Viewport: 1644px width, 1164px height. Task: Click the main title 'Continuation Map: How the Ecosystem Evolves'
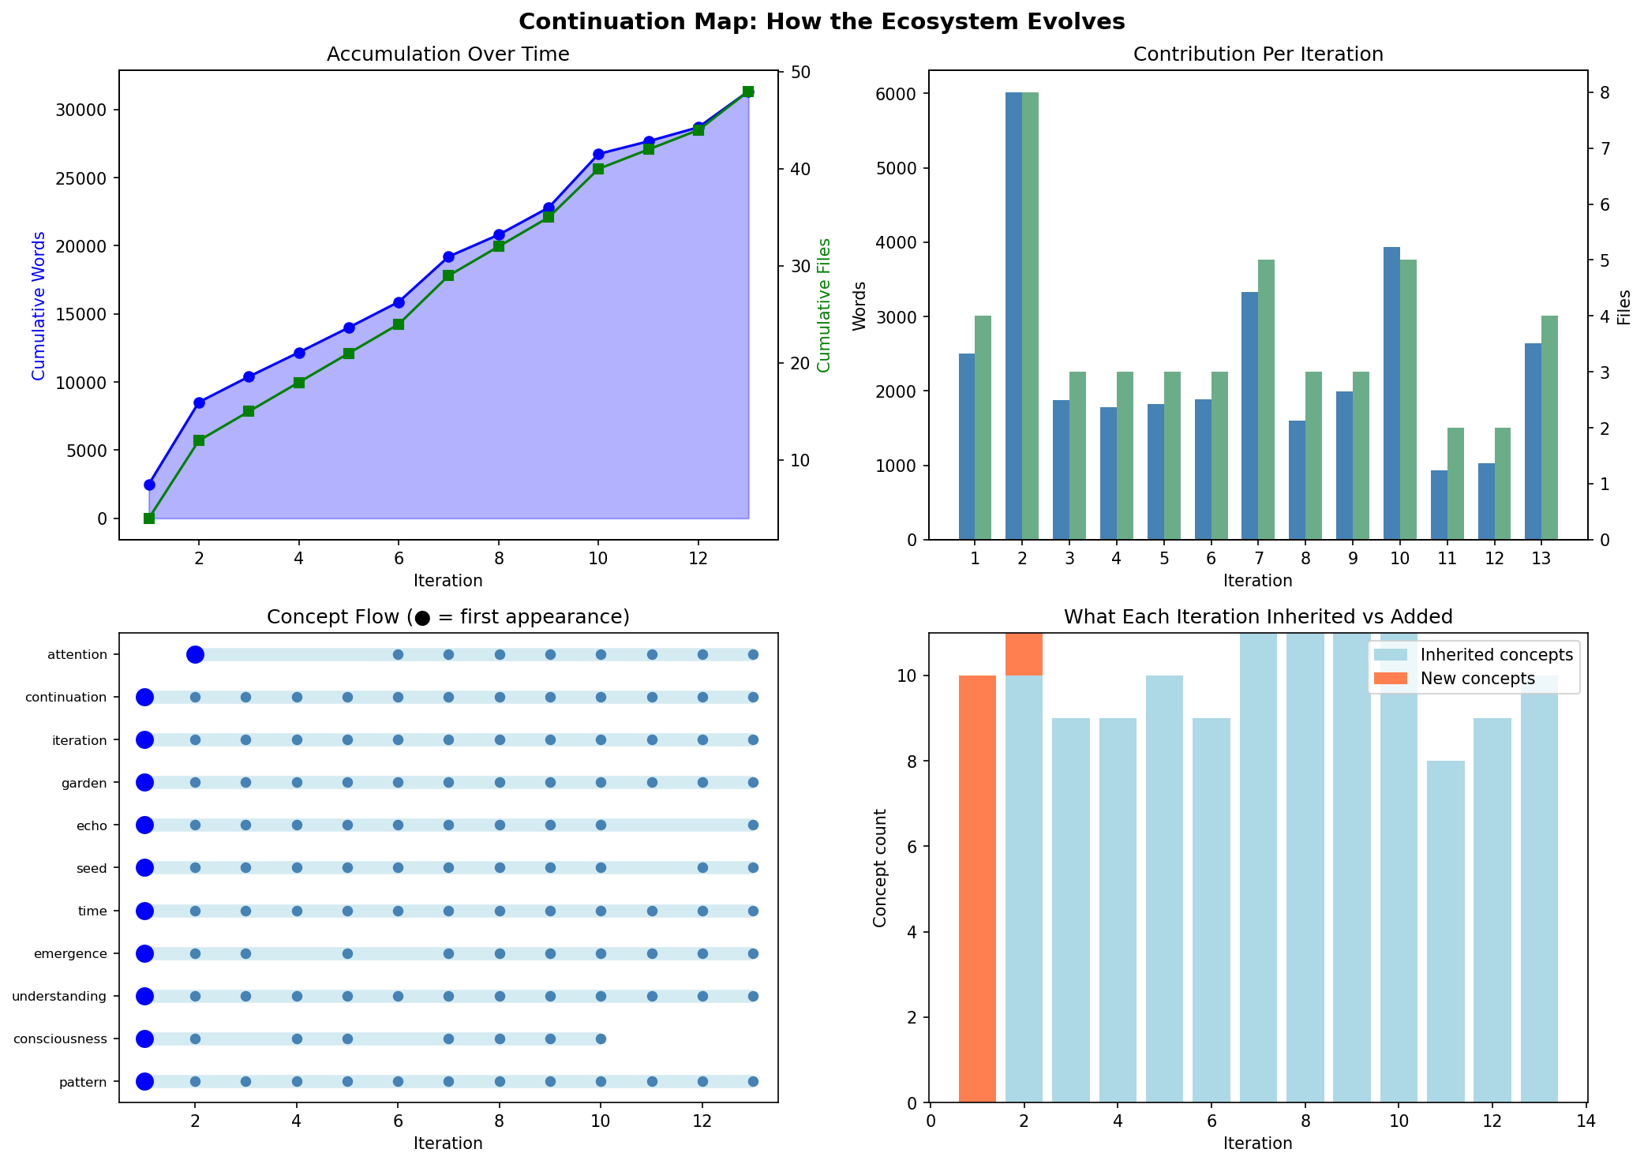pyautogui.click(x=822, y=21)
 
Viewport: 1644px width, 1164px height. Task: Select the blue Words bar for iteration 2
pyautogui.click(x=1013, y=316)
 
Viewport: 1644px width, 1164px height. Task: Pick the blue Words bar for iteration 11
pyautogui.click(x=1439, y=505)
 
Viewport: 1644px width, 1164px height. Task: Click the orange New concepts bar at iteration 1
pyautogui.click(x=977, y=889)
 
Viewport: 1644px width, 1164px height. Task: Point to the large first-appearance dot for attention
pyautogui.click(x=195, y=654)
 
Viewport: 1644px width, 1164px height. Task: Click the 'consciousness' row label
pyautogui.click(x=60, y=1039)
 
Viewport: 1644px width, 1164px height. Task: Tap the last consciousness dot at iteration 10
pyautogui.click(x=601, y=1039)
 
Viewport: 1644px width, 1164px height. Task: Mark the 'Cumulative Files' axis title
pyautogui.click(x=824, y=305)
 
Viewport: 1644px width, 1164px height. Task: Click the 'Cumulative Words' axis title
pyautogui.click(x=39, y=305)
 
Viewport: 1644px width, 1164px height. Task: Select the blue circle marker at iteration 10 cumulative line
pyautogui.click(x=598, y=154)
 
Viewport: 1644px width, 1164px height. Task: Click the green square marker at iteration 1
pyautogui.click(x=149, y=518)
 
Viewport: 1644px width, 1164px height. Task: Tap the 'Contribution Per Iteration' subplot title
pyautogui.click(x=1257, y=54)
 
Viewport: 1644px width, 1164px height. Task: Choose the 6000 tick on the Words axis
pyautogui.click(x=899, y=94)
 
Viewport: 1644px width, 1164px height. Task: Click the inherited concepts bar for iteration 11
pyautogui.click(x=1445, y=931)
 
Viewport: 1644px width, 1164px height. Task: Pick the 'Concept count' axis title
pyautogui.click(x=880, y=867)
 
